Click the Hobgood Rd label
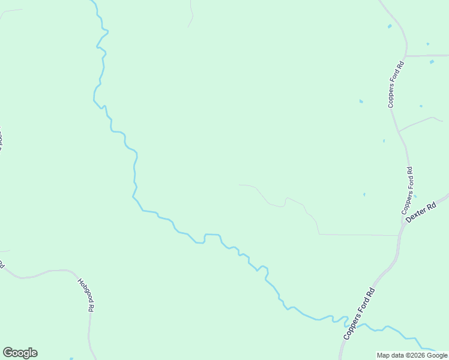click(x=86, y=294)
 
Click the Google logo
click(x=20, y=353)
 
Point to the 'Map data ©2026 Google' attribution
click(x=412, y=355)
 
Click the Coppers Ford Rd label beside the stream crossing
click(x=359, y=314)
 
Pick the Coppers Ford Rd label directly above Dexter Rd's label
click(x=408, y=191)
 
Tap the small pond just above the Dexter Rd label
click(x=415, y=196)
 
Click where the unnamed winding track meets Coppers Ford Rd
click(x=399, y=235)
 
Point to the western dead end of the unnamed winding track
click(x=239, y=185)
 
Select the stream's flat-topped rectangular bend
click(x=212, y=235)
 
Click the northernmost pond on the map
click(x=390, y=26)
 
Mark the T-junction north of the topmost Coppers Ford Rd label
click(x=406, y=56)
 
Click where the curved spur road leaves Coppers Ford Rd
click(x=398, y=131)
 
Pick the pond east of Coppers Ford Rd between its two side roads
click(x=421, y=106)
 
